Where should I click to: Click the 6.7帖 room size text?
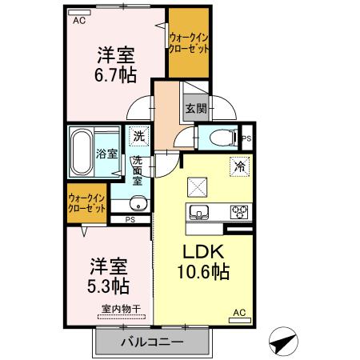coord(116,76)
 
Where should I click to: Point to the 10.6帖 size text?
coord(202,272)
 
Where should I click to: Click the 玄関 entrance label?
coord(196,109)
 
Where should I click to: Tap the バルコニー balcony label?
coord(153,342)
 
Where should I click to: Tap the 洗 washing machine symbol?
coord(139,136)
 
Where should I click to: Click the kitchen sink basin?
coord(199,212)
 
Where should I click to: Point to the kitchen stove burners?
coord(238,212)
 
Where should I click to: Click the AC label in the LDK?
coord(238,313)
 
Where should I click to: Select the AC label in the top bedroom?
coord(78,21)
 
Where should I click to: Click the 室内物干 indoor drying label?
coord(121,310)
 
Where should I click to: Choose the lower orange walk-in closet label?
coord(86,202)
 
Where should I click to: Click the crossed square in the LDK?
coord(197,186)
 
